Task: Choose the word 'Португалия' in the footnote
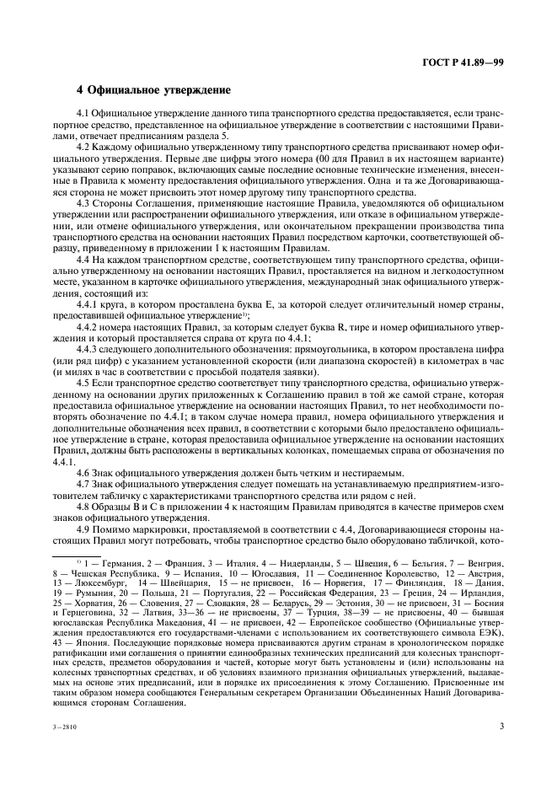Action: click(x=212, y=592)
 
